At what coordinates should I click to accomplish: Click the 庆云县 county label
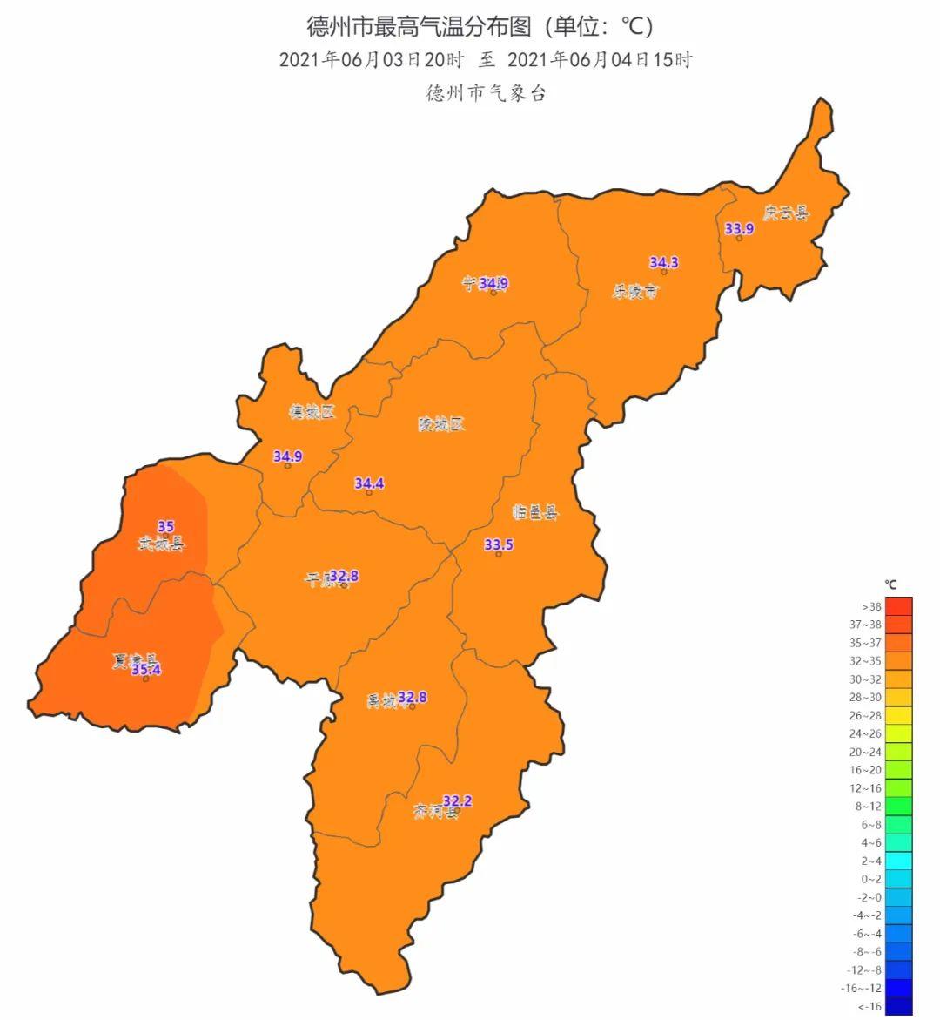pos(785,213)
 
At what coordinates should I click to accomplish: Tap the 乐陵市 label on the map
pos(635,292)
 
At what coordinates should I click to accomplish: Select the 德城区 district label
pos(312,412)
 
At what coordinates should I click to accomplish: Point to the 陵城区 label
pos(441,424)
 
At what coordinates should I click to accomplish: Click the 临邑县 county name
pos(535,512)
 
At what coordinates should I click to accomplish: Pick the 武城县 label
pos(162,544)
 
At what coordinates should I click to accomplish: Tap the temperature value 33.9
pos(739,229)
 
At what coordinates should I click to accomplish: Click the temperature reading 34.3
pos(664,262)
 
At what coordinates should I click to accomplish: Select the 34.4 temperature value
pos(369,483)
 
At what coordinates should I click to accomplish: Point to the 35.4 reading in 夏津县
pos(146,669)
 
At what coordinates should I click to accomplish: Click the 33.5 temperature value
pos(499,545)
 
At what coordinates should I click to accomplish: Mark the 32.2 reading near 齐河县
pos(458,800)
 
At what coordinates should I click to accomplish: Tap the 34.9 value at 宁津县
pos(493,283)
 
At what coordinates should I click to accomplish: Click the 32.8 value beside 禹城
pos(412,697)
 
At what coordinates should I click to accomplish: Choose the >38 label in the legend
pos(871,606)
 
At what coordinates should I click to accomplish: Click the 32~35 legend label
pos(871,661)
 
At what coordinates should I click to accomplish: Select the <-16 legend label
pos(871,1007)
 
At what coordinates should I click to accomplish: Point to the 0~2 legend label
pos(871,879)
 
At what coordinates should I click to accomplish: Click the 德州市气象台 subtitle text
pos(486,93)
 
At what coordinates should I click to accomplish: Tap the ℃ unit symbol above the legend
pos(890,584)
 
